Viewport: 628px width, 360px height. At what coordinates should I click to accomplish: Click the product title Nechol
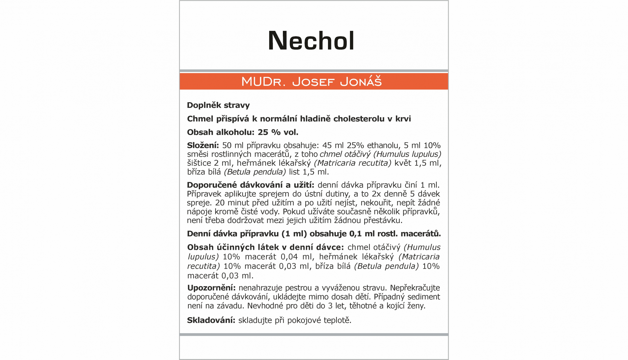click(311, 41)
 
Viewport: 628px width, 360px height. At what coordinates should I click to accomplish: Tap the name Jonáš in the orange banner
click(361, 82)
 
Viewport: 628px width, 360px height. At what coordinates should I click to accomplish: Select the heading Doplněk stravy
click(218, 105)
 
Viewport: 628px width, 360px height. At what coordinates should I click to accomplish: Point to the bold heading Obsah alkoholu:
click(221, 132)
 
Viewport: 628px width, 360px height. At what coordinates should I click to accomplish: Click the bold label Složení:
click(203, 145)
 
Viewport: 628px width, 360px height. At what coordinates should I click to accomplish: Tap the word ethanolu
click(384, 145)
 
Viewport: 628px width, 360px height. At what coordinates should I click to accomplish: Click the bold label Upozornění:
click(212, 288)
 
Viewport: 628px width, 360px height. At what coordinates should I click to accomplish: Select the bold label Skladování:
click(211, 320)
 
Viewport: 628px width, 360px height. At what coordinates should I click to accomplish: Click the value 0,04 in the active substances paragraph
click(289, 257)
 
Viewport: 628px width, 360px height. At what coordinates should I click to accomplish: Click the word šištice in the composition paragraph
click(199, 163)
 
